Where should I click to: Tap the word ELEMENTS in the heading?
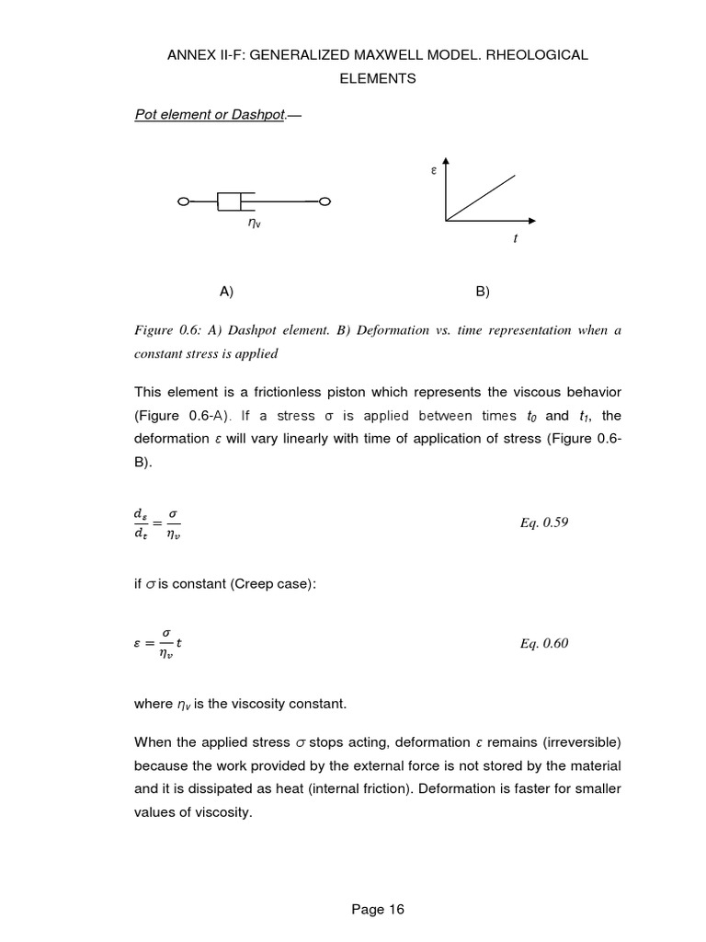[x=378, y=78]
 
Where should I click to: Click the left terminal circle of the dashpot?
[x=183, y=201]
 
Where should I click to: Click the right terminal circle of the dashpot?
[x=325, y=201]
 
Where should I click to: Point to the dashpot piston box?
[x=235, y=201]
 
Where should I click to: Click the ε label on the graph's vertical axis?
[x=433, y=170]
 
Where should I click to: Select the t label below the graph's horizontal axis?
[x=515, y=239]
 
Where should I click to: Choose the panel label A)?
[x=227, y=292]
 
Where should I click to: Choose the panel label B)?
[x=483, y=292]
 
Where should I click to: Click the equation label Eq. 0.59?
[x=544, y=523]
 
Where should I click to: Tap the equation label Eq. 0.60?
[x=544, y=644]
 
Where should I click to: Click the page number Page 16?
[x=378, y=910]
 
